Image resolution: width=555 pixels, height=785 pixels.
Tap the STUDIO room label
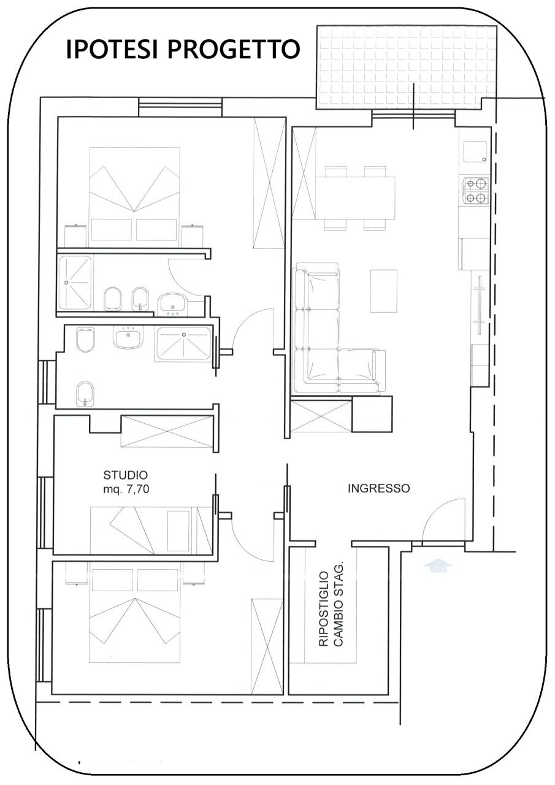point(125,475)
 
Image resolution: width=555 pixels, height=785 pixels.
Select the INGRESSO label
point(378,489)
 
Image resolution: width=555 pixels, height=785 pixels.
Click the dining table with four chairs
point(355,198)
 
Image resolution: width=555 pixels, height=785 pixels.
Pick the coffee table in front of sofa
point(384,291)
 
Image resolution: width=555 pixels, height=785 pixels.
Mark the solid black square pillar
point(372,415)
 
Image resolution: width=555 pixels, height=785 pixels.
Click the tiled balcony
point(406,67)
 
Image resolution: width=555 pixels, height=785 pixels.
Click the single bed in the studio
point(150,529)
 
